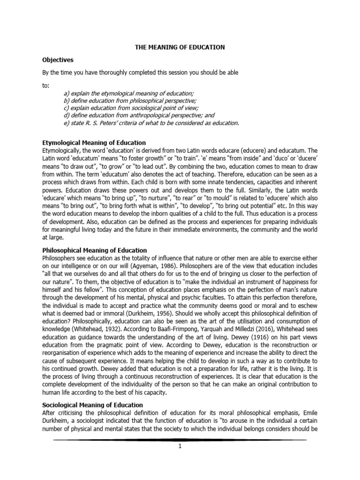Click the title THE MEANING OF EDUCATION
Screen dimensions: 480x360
click(x=180, y=47)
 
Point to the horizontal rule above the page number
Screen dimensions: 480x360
click(x=180, y=440)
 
